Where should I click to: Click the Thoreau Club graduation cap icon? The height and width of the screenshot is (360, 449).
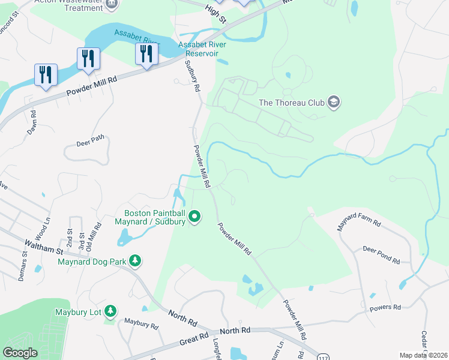[334, 103]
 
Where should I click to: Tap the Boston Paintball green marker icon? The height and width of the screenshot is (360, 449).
[194, 216]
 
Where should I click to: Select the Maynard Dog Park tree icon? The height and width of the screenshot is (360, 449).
[136, 261]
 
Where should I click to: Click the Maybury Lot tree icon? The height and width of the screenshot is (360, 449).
[110, 311]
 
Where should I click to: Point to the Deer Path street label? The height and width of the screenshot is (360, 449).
[90, 140]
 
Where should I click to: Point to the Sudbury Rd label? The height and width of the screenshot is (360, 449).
[193, 76]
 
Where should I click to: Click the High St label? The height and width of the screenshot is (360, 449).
[214, 12]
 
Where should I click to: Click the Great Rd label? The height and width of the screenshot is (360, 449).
[196, 340]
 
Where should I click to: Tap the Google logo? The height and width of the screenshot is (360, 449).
[20, 353]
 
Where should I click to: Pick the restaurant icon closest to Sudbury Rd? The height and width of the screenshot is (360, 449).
[146, 54]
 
